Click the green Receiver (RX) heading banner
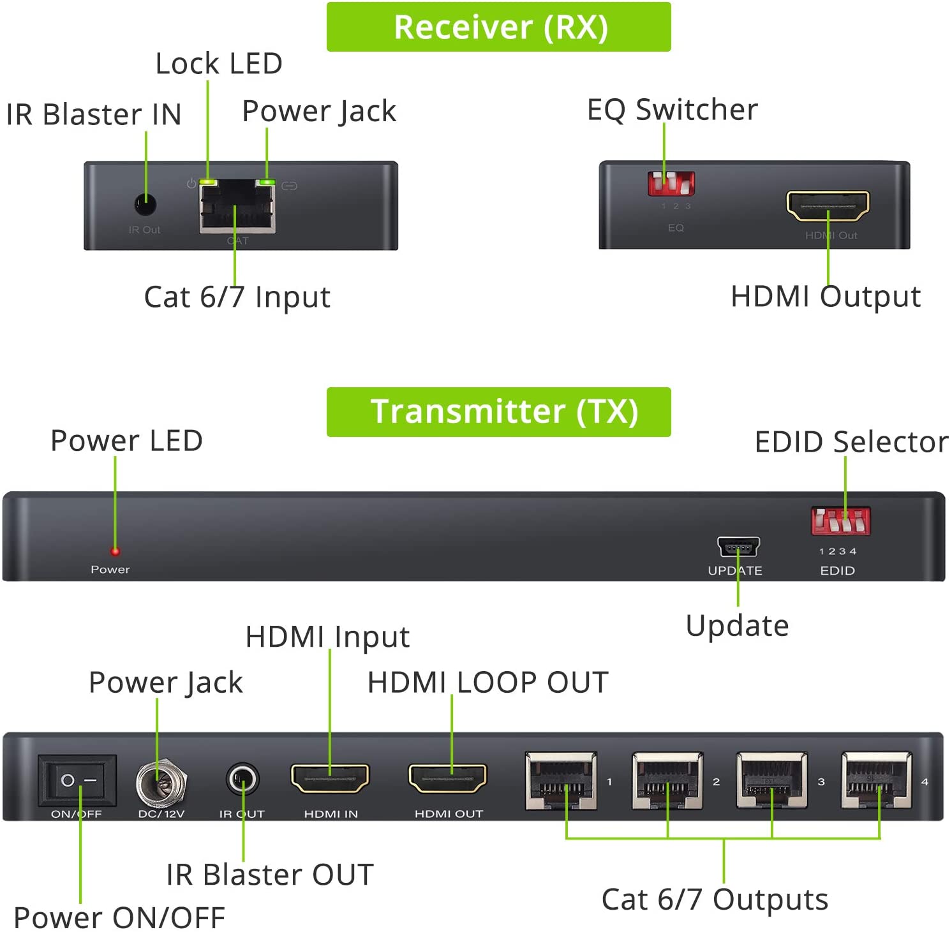point(498,27)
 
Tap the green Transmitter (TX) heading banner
point(498,411)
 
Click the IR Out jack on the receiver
point(145,204)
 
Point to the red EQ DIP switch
point(671,183)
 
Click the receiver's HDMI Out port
point(828,205)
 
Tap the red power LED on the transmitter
point(115,551)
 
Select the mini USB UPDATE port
point(738,547)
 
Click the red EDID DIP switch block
point(840,521)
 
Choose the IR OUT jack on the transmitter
point(242,779)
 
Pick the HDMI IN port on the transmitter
point(330,778)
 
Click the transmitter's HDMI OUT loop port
point(448,778)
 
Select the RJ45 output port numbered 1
point(561,781)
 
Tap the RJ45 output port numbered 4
point(877,781)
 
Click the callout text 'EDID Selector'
point(851,441)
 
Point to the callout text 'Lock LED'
point(219,63)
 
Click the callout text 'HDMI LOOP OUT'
point(487,682)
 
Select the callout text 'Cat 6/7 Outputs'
point(715,899)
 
